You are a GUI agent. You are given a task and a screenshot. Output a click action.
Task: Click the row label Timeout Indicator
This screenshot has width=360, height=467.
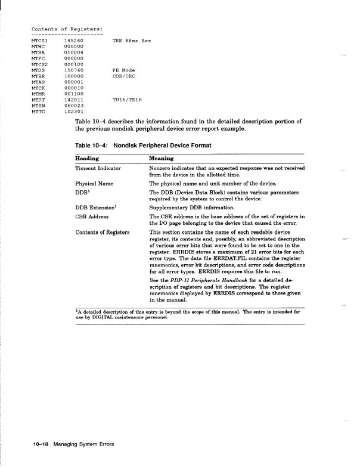pos(98,169)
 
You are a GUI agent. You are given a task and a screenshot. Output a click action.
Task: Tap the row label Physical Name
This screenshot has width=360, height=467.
pos(94,184)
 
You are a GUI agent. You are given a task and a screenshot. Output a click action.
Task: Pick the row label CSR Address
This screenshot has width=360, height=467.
pos(93,217)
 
